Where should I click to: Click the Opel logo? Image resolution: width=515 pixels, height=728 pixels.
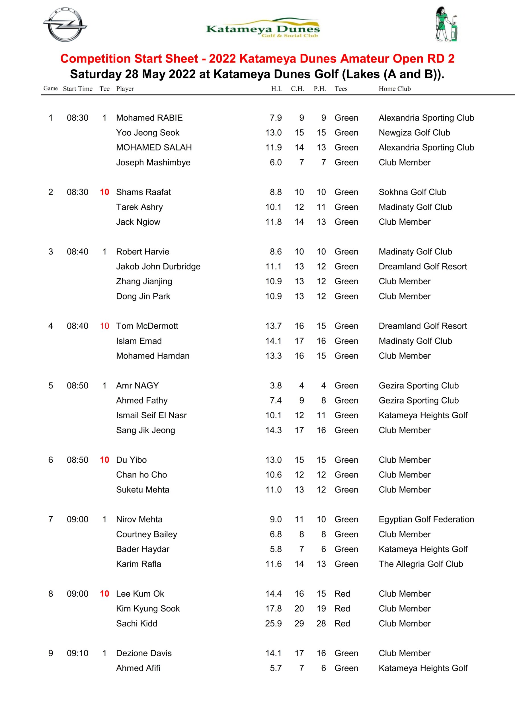click(x=65, y=25)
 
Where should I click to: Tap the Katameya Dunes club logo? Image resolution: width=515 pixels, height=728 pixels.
click(x=262, y=28)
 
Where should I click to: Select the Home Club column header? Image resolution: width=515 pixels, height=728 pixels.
click(x=394, y=89)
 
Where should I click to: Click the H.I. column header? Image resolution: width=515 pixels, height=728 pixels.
click(x=276, y=89)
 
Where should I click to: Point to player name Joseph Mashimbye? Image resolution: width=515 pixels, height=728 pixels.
click(x=153, y=162)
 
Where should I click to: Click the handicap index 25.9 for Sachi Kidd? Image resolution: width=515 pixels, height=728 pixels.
click(x=273, y=623)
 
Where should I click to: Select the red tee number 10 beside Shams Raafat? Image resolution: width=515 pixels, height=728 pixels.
click(x=104, y=192)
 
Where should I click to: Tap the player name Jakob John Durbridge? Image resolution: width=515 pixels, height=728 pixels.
click(x=158, y=266)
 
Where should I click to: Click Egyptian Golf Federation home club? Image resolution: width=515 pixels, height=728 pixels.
click(x=426, y=519)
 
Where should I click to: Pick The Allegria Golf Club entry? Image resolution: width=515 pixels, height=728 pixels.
click(x=421, y=564)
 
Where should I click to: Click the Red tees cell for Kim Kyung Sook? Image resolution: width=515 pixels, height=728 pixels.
click(x=342, y=609)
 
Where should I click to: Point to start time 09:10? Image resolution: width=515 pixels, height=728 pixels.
click(x=77, y=653)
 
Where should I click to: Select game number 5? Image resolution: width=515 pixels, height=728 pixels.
click(x=50, y=386)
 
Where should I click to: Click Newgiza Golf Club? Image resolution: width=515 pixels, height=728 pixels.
click(x=414, y=133)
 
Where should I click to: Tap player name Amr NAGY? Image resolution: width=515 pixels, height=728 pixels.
click(x=137, y=386)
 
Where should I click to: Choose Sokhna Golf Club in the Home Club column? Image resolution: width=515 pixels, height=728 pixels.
click(x=413, y=192)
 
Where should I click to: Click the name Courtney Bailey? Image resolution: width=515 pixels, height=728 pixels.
click(x=146, y=534)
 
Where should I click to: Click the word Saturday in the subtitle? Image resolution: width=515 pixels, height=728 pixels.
click(x=96, y=74)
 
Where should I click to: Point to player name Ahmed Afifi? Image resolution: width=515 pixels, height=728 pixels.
click(x=138, y=668)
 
